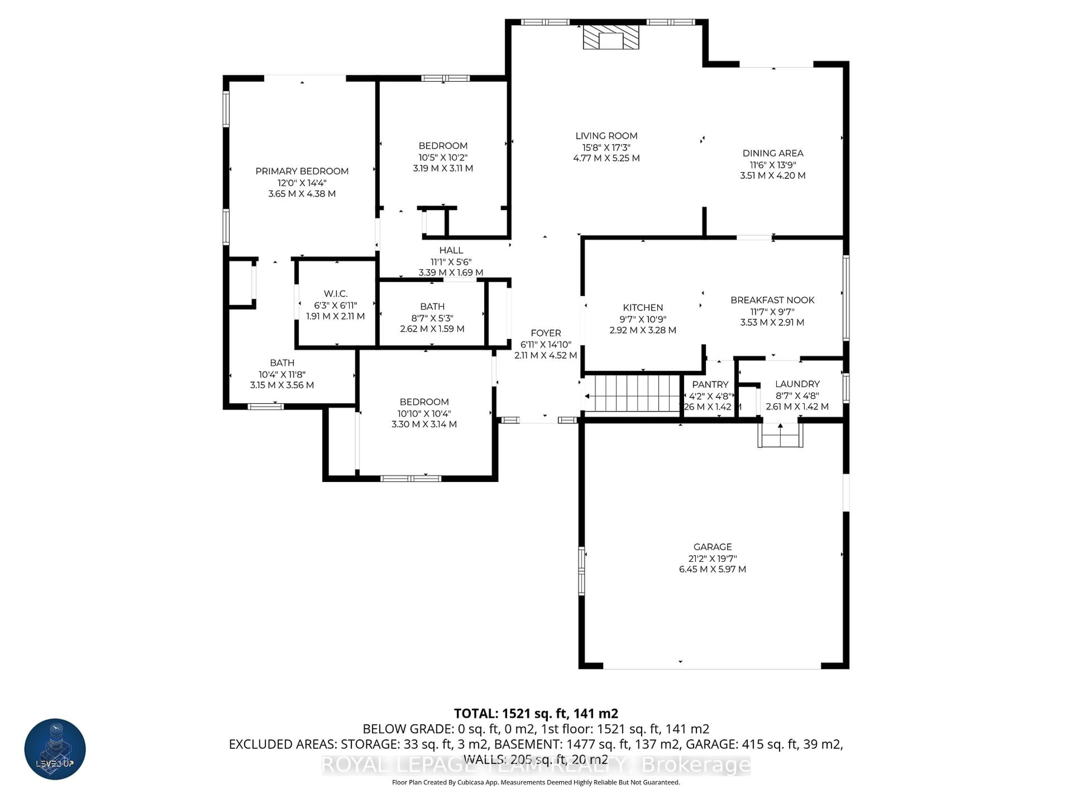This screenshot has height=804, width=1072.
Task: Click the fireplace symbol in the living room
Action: pyautogui.click(x=611, y=37)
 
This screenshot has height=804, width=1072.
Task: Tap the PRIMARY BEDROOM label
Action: pyautogui.click(x=302, y=171)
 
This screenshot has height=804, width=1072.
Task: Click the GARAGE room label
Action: pyautogui.click(x=712, y=547)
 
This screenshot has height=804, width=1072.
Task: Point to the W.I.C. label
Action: pyautogui.click(x=335, y=294)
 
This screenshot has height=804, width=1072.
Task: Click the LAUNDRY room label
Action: pyautogui.click(x=797, y=384)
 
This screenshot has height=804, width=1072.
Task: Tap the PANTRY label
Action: pyautogui.click(x=710, y=384)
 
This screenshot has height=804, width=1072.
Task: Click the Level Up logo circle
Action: pyautogui.click(x=55, y=749)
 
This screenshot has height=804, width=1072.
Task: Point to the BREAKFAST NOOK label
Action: pyautogui.click(x=772, y=300)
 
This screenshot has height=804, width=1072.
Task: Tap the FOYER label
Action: pyautogui.click(x=546, y=333)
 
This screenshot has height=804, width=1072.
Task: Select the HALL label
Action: pyautogui.click(x=451, y=250)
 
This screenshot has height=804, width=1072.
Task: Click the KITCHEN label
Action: pyautogui.click(x=643, y=307)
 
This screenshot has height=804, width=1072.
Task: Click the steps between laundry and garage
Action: pyautogui.click(x=780, y=436)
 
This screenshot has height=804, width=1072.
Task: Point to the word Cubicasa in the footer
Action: pyautogui.click(x=472, y=782)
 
